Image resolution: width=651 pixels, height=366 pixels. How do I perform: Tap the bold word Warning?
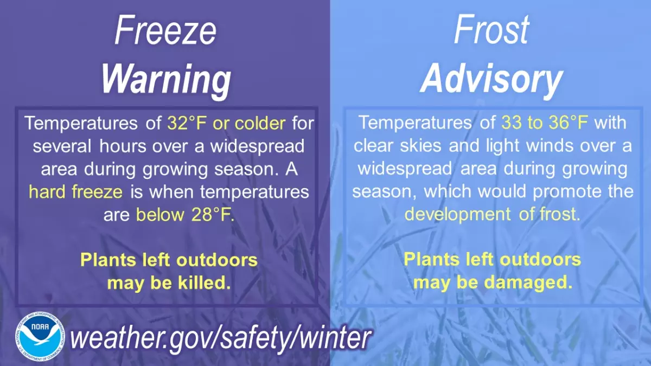coord(165,79)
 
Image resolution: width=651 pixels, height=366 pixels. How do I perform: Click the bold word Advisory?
coord(491,79)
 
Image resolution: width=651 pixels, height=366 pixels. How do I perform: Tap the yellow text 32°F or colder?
coord(226,123)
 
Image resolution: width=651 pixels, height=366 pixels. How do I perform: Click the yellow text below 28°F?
coord(184,215)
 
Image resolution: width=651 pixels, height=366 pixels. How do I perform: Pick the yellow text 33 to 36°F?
coord(545,123)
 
